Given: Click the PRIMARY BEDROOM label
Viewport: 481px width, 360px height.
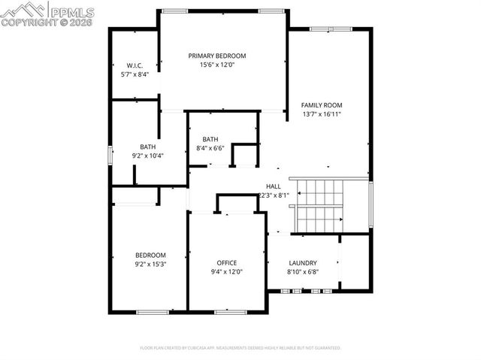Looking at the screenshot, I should coord(217,56).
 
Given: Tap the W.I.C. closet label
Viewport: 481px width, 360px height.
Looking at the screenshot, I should coord(135,65).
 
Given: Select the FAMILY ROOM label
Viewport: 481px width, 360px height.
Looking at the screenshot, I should coord(322,105).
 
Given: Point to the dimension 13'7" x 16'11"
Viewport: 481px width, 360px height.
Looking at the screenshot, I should coord(322,115).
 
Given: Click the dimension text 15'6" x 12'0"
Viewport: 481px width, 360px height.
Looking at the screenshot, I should coord(217,65).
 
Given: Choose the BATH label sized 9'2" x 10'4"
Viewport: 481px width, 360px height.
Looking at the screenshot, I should coord(147,147).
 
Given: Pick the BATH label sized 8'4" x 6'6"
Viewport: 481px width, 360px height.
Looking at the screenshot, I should coord(210,139).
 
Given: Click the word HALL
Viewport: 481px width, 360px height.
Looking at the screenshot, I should coord(273,186).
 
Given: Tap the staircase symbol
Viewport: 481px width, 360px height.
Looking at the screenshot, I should coord(319,205).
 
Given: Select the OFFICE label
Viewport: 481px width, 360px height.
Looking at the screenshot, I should coord(226,262).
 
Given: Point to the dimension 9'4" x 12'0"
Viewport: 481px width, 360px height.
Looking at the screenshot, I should coord(226,272).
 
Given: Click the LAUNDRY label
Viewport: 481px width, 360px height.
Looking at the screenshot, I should coord(303,262).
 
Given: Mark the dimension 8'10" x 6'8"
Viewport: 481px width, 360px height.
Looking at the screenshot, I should coord(303,272).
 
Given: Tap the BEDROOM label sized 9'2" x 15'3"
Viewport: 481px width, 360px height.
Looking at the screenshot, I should coord(150,255).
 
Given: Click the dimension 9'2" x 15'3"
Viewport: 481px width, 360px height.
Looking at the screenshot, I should coord(150,265).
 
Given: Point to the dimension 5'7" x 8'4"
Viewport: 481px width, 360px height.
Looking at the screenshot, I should coord(135,75).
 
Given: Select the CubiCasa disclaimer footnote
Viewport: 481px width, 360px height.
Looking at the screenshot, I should coord(240,348).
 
